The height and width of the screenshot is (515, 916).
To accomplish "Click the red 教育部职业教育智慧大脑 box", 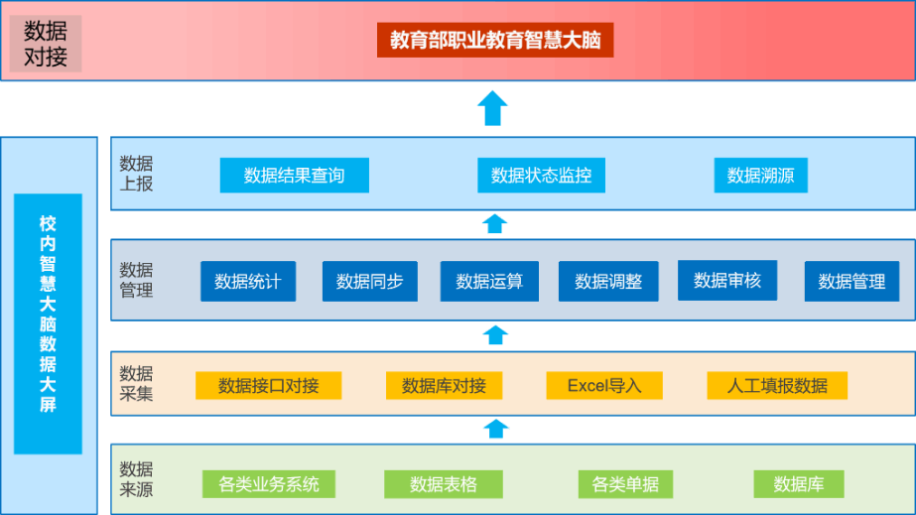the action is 495,40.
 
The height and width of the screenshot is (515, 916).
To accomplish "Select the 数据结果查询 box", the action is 295,176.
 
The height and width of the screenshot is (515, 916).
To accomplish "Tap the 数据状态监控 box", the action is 541,176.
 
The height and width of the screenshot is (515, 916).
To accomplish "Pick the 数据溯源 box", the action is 760,176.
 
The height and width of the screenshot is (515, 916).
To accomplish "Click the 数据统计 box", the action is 248,282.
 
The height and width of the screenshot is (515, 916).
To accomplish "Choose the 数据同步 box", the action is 370,282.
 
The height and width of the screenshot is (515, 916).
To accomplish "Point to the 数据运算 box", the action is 489,282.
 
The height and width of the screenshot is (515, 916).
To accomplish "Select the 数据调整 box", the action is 608,282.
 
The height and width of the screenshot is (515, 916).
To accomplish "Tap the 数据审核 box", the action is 727,280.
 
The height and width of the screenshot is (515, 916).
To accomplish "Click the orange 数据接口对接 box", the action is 268,385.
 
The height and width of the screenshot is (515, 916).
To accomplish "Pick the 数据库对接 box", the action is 444,385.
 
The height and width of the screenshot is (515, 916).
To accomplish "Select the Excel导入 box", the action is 604,385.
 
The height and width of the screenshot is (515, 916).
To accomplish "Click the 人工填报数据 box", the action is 777,385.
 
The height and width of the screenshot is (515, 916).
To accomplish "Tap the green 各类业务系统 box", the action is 269,484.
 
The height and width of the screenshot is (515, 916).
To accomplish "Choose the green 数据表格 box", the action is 444,484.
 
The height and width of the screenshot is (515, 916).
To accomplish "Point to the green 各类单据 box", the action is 625,484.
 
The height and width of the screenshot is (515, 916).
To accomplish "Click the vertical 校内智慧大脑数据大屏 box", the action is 48,324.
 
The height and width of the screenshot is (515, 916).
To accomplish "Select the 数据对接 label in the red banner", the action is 46,44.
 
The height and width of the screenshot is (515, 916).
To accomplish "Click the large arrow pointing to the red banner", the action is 492,108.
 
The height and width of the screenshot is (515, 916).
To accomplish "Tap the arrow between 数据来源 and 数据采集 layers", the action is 496,429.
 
